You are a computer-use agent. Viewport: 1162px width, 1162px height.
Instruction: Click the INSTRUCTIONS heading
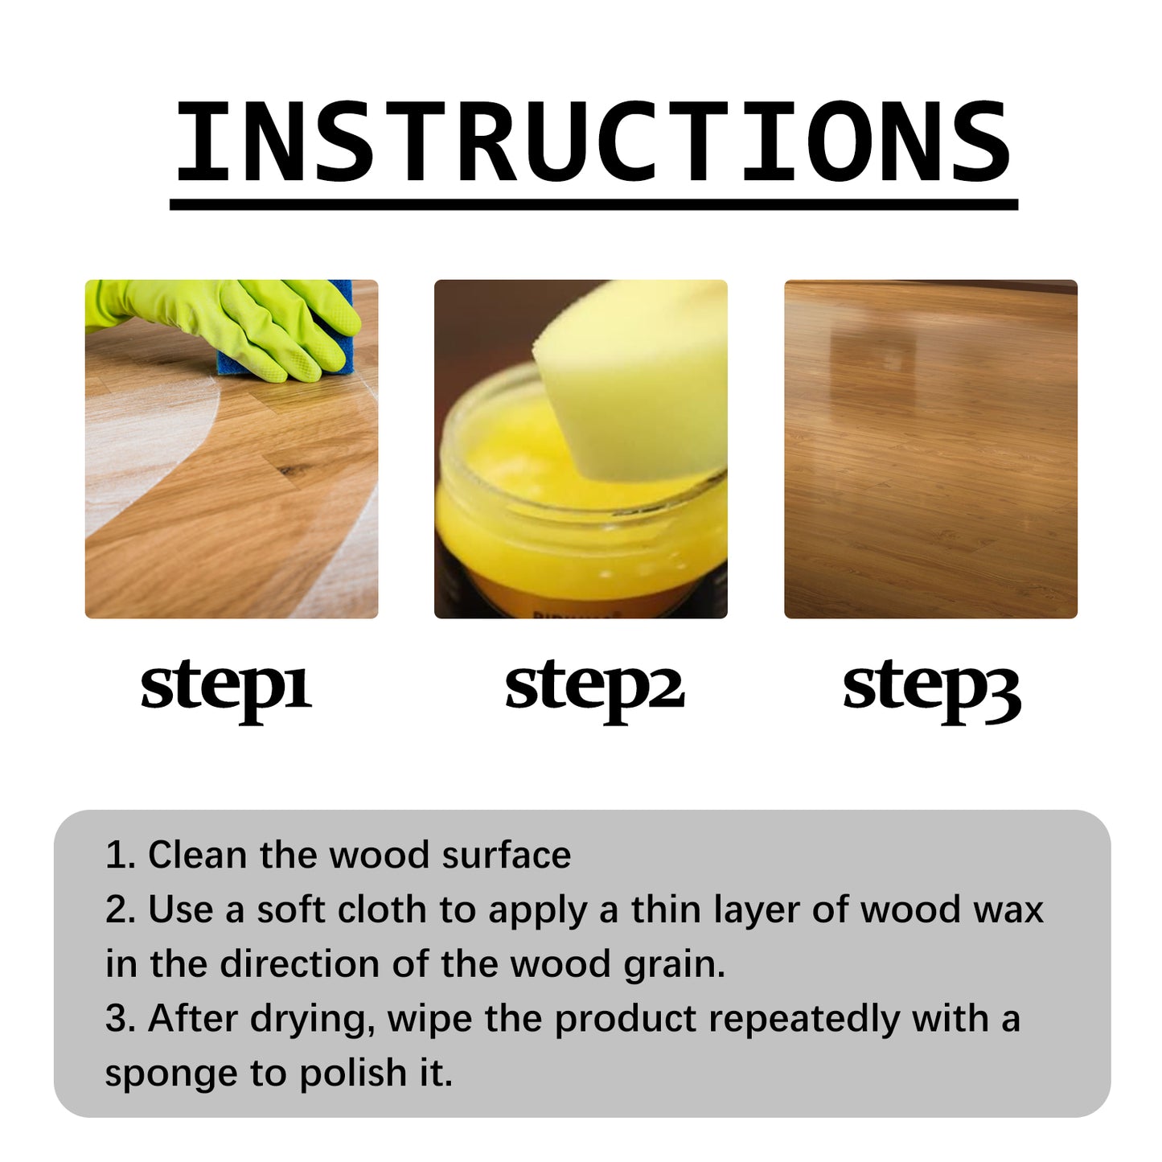click(593, 143)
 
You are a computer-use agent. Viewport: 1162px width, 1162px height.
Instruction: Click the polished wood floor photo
click(930, 449)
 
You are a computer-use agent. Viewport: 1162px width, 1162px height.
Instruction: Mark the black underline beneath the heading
click(593, 205)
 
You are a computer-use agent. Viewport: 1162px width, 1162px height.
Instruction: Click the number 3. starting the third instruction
click(120, 1019)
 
